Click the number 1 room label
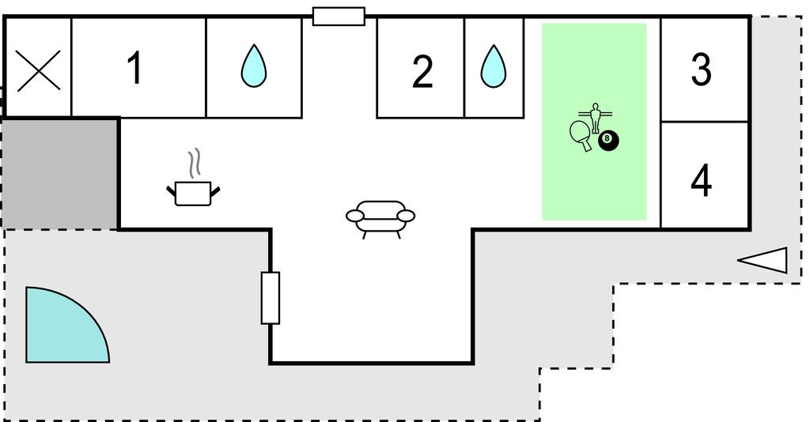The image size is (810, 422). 135,68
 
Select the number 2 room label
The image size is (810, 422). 422,72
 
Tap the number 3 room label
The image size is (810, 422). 701,69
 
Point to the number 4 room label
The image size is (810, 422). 701,180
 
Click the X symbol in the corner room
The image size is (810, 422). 39,70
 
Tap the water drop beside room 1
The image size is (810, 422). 254,66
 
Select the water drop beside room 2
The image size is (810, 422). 494,66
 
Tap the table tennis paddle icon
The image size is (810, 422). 581,135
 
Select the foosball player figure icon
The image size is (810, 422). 596,118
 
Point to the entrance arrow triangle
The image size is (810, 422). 763,260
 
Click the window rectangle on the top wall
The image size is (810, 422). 339,16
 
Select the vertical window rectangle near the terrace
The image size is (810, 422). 271,298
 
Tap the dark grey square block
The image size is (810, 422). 60,174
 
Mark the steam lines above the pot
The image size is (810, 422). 194,164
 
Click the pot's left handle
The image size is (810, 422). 171,191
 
